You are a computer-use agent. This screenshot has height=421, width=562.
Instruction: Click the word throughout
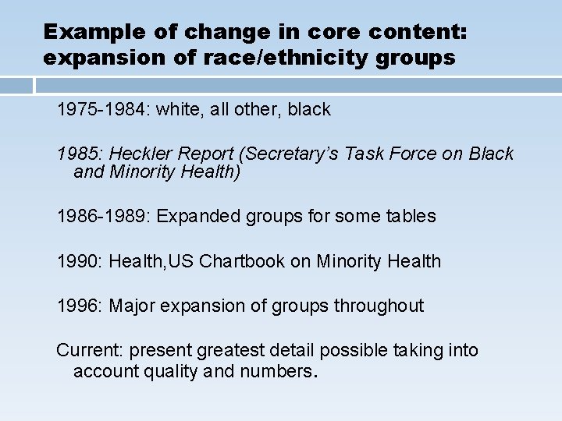click(379, 306)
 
